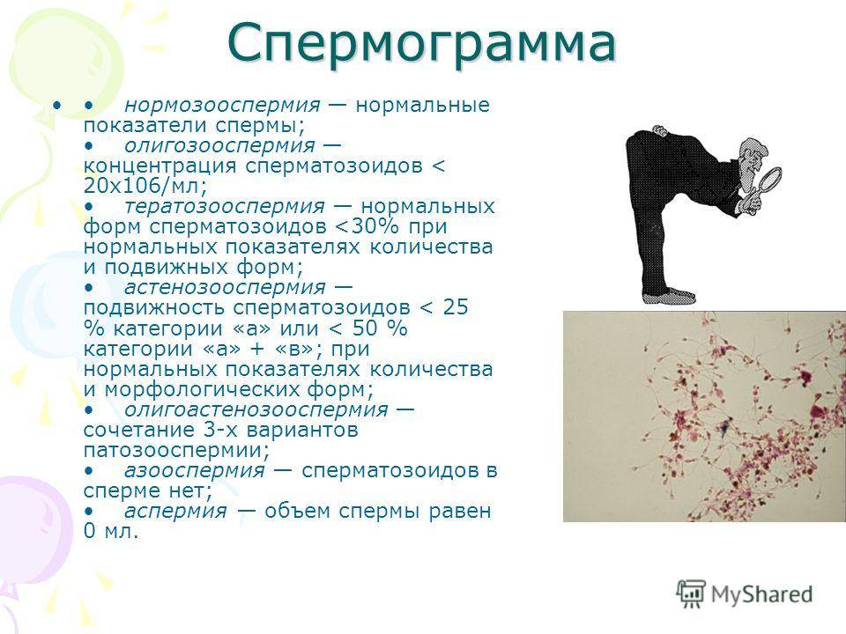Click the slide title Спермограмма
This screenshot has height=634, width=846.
[x=421, y=43]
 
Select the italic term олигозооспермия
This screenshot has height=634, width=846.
[x=219, y=145]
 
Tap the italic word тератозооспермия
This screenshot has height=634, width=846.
[x=224, y=206]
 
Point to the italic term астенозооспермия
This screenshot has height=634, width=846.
[x=225, y=287]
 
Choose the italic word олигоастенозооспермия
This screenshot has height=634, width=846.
[x=256, y=409]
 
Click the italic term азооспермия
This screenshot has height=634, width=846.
[x=194, y=470]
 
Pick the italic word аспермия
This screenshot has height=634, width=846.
[x=175, y=511]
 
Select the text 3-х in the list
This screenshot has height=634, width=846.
[x=221, y=431]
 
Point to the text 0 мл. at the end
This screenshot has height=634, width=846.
[x=111, y=532]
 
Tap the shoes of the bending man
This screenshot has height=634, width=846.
[x=669, y=295]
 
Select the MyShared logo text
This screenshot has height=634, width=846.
[x=761, y=594]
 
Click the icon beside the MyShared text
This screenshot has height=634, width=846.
[x=691, y=594]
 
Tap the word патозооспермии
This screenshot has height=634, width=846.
[x=176, y=450]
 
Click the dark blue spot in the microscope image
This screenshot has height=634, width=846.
[x=724, y=428]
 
